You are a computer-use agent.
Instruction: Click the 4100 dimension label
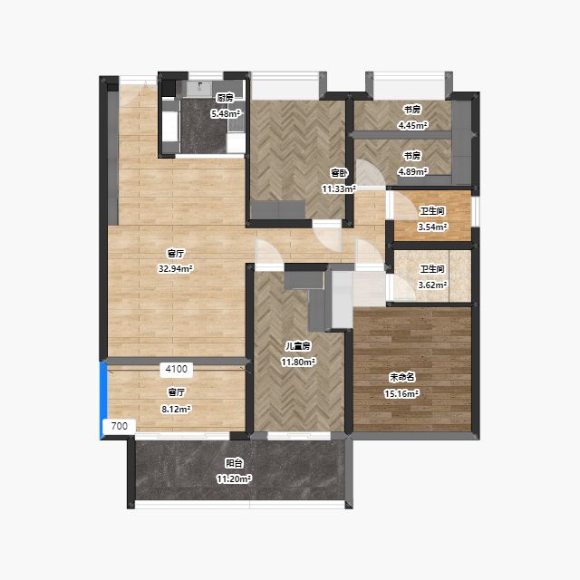177,369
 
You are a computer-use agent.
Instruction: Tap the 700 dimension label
119,426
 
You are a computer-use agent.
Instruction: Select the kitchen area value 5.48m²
226,114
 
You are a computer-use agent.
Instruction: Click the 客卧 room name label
339,173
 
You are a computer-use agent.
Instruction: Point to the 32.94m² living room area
176,269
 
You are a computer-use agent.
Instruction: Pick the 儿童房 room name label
298,346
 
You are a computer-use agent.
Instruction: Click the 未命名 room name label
401,377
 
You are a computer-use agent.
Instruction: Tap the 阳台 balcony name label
234,463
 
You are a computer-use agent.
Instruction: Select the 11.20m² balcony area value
234,479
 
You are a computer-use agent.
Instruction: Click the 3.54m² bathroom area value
432,227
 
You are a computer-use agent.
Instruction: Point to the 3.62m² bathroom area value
432,285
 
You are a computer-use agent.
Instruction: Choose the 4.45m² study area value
413,126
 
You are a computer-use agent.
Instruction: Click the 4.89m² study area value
413,172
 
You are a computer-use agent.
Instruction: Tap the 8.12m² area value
176,409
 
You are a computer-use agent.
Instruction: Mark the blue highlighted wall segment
103,399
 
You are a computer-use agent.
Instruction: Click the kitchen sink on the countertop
199,88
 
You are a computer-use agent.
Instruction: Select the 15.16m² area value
401,394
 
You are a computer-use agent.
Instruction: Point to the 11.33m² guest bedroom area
339,189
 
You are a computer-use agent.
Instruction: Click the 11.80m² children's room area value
298,362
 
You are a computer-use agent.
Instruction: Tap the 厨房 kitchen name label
226,98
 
